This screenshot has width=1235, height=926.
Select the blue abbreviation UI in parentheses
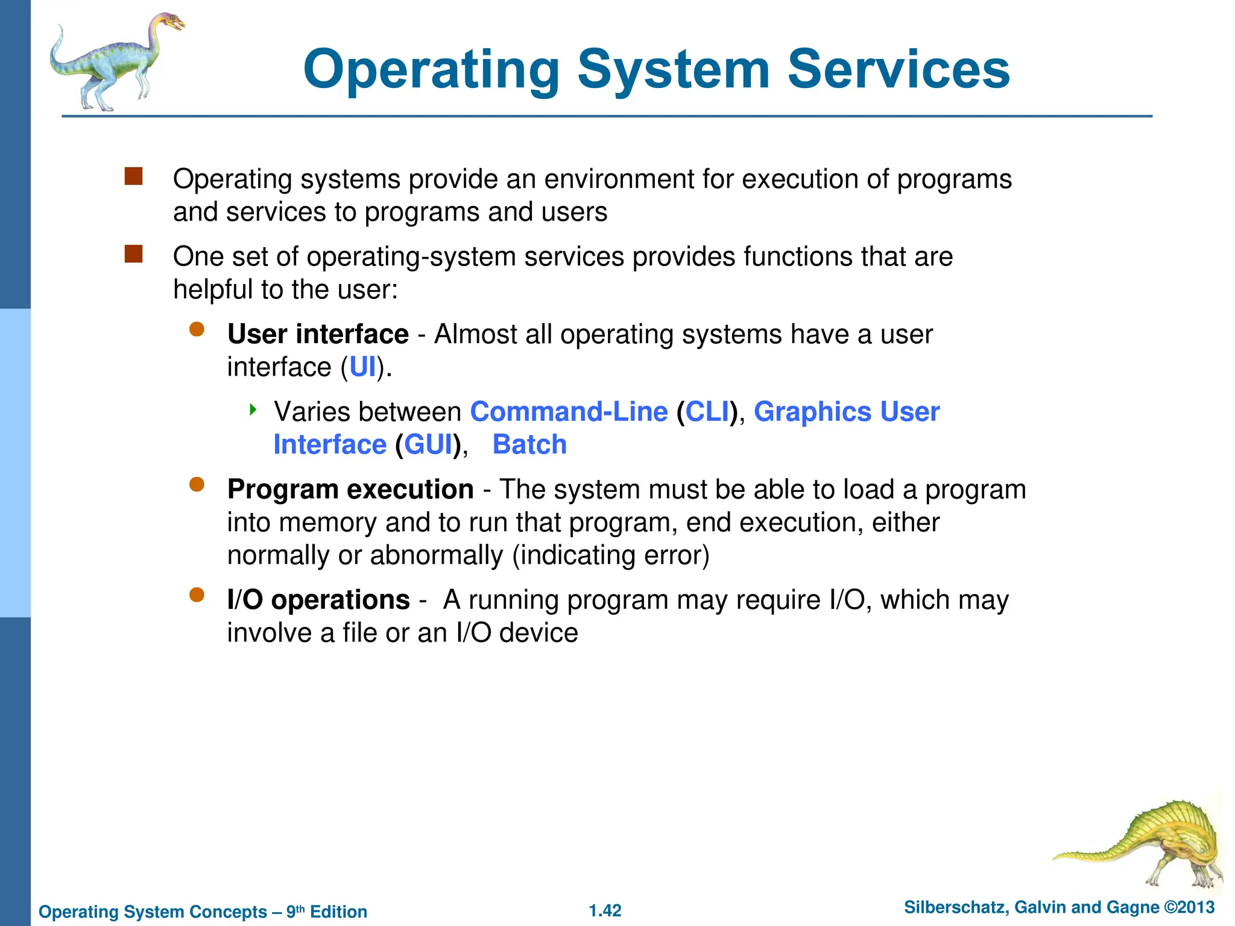[x=362, y=367]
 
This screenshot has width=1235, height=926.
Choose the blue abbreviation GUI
[x=428, y=445]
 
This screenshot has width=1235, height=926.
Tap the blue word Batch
[x=529, y=445]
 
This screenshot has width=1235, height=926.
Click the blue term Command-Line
[x=569, y=412]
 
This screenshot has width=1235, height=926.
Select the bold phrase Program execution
[x=350, y=490]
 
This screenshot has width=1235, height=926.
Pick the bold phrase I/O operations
[x=318, y=600]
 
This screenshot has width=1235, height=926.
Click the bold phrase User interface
[x=318, y=334]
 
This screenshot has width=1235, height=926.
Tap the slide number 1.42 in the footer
[x=605, y=910]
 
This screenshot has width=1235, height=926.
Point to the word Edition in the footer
[x=338, y=912]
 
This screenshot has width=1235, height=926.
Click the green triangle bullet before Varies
[x=253, y=411]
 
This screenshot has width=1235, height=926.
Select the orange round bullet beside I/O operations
[x=197, y=596]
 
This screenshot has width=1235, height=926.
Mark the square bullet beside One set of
[x=133, y=254]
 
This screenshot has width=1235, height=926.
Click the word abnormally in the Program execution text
[x=436, y=555]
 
